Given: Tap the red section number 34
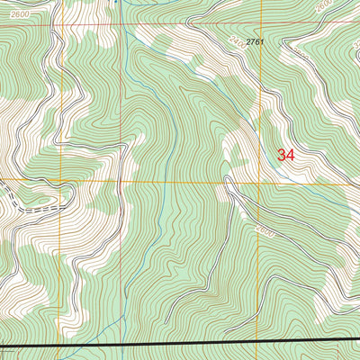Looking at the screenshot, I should tap(286, 155).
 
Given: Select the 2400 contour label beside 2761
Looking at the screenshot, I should tap(236, 40).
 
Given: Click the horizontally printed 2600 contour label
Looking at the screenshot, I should tap(13, 17).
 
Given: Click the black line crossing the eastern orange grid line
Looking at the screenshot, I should tap(262, 342).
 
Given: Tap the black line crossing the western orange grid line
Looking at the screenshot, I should tap(61, 346).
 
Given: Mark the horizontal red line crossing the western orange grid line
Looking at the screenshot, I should tap(61, 24).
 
